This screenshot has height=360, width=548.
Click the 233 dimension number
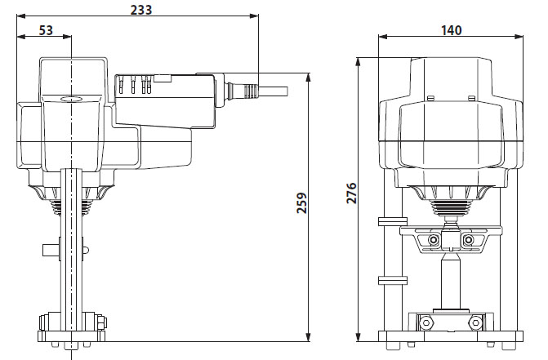point(141,9)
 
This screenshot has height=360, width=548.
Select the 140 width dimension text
point(451,30)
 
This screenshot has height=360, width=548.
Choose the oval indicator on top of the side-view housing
point(71,97)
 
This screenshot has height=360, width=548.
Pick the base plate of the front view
point(451,336)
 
